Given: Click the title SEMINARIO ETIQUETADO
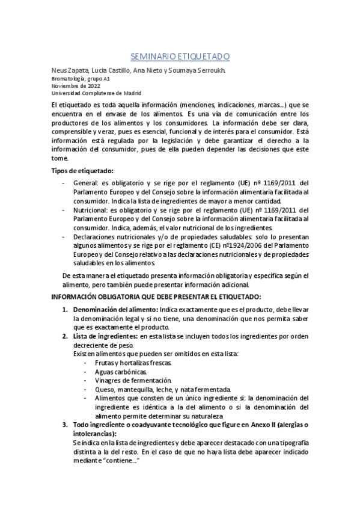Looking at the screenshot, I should (x=180, y=57).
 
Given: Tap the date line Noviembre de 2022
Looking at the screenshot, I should (x=72, y=85).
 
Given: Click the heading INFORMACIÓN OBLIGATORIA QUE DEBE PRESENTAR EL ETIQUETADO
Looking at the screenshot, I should (x=156, y=297).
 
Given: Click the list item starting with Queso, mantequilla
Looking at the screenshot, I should (x=162, y=389).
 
